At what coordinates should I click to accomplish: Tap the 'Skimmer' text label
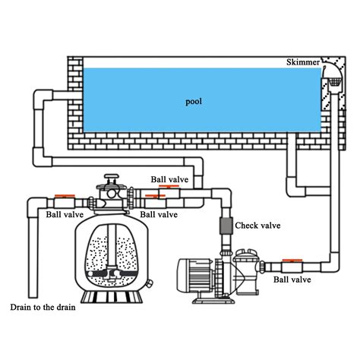pyautogui.click(x=304, y=62)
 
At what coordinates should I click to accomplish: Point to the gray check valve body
pyautogui.click(x=225, y=227)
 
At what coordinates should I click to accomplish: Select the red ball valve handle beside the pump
pyautogui.click(x=291, y=262)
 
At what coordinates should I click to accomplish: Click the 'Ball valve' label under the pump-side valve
pyautogui.click(x=292, y=279)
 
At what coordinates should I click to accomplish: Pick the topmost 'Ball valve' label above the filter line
pyautogui.click(x=169, y=180)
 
